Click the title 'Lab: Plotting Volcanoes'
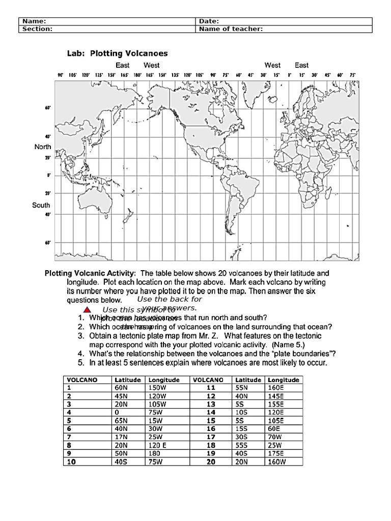118,53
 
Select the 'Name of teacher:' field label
231,29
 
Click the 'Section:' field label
37,29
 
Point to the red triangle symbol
87,310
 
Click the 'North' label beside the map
43,147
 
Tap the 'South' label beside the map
41,206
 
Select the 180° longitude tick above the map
136,75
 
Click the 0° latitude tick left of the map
49,175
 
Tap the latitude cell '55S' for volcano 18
242,445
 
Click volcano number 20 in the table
210,462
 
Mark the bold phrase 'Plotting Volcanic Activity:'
90,273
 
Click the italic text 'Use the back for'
170,299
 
